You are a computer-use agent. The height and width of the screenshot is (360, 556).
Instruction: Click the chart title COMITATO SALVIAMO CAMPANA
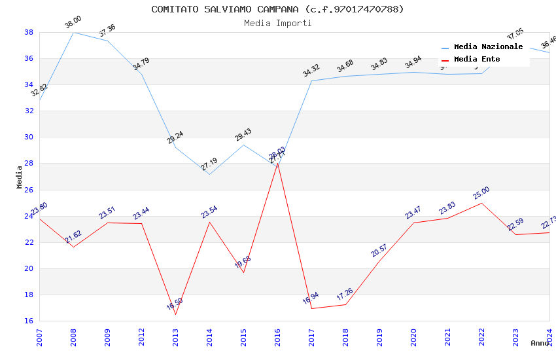[277, 9]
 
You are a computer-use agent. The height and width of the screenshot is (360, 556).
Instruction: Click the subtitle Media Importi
[277, 23]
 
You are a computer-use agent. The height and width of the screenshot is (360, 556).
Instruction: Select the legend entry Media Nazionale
[488, 47]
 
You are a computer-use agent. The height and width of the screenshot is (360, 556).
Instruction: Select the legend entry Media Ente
[477, 60]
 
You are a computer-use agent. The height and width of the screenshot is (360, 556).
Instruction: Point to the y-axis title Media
[20, 177]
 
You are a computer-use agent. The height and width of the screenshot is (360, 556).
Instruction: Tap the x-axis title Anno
[540, 343]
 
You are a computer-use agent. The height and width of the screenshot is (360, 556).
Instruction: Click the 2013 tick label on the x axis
[175, 338]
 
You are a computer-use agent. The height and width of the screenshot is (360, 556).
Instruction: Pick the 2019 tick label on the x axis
[379, 338]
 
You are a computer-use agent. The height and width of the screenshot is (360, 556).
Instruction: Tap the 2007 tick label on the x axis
[39, 338]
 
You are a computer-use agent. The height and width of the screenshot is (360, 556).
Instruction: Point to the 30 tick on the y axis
[29, 137]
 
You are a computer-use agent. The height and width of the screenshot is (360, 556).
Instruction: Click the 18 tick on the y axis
[29, 295]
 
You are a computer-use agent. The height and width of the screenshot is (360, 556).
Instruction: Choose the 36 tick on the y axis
[29, 58]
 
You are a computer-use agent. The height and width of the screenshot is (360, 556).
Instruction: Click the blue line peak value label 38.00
[73, 24]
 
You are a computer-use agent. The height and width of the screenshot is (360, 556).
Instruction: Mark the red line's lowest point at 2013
[175, 314]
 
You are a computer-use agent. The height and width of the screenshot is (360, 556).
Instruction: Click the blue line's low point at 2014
[209, 174]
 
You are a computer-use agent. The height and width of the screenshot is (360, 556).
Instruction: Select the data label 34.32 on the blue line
[311, 71]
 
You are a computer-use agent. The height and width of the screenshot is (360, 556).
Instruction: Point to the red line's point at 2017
[311, 308]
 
